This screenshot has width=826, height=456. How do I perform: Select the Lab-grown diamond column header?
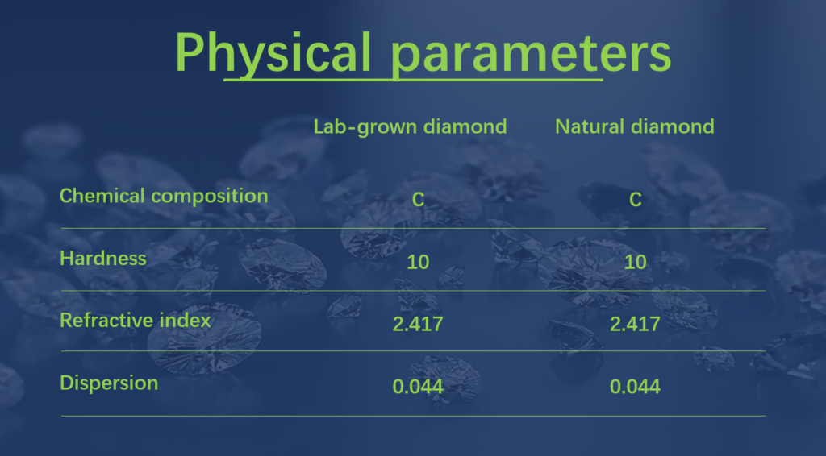click(410, 127)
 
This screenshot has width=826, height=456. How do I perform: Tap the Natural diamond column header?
click(635, 126)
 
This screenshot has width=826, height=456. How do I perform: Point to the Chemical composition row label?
click(164, 197)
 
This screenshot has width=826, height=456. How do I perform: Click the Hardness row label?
click(103, 259)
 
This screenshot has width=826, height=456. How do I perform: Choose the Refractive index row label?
click(136, 321)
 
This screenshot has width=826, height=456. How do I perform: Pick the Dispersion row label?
click(109, 383)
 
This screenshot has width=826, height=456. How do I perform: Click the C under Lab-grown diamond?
click(418, 200)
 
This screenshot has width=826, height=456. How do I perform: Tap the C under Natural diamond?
click(636, 200)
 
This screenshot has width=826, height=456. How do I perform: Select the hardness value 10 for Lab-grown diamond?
click(418, 262)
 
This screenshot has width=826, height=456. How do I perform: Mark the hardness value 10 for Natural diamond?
click(635, 262)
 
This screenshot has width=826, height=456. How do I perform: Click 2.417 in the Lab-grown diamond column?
click(418, 324)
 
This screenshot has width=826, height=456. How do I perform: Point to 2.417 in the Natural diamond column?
click(635, 324)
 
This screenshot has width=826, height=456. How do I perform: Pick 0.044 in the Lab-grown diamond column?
click(418, 387)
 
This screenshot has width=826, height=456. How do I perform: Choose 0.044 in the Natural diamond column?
click(635, 387)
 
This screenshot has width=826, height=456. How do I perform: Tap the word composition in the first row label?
click(210, 197)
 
